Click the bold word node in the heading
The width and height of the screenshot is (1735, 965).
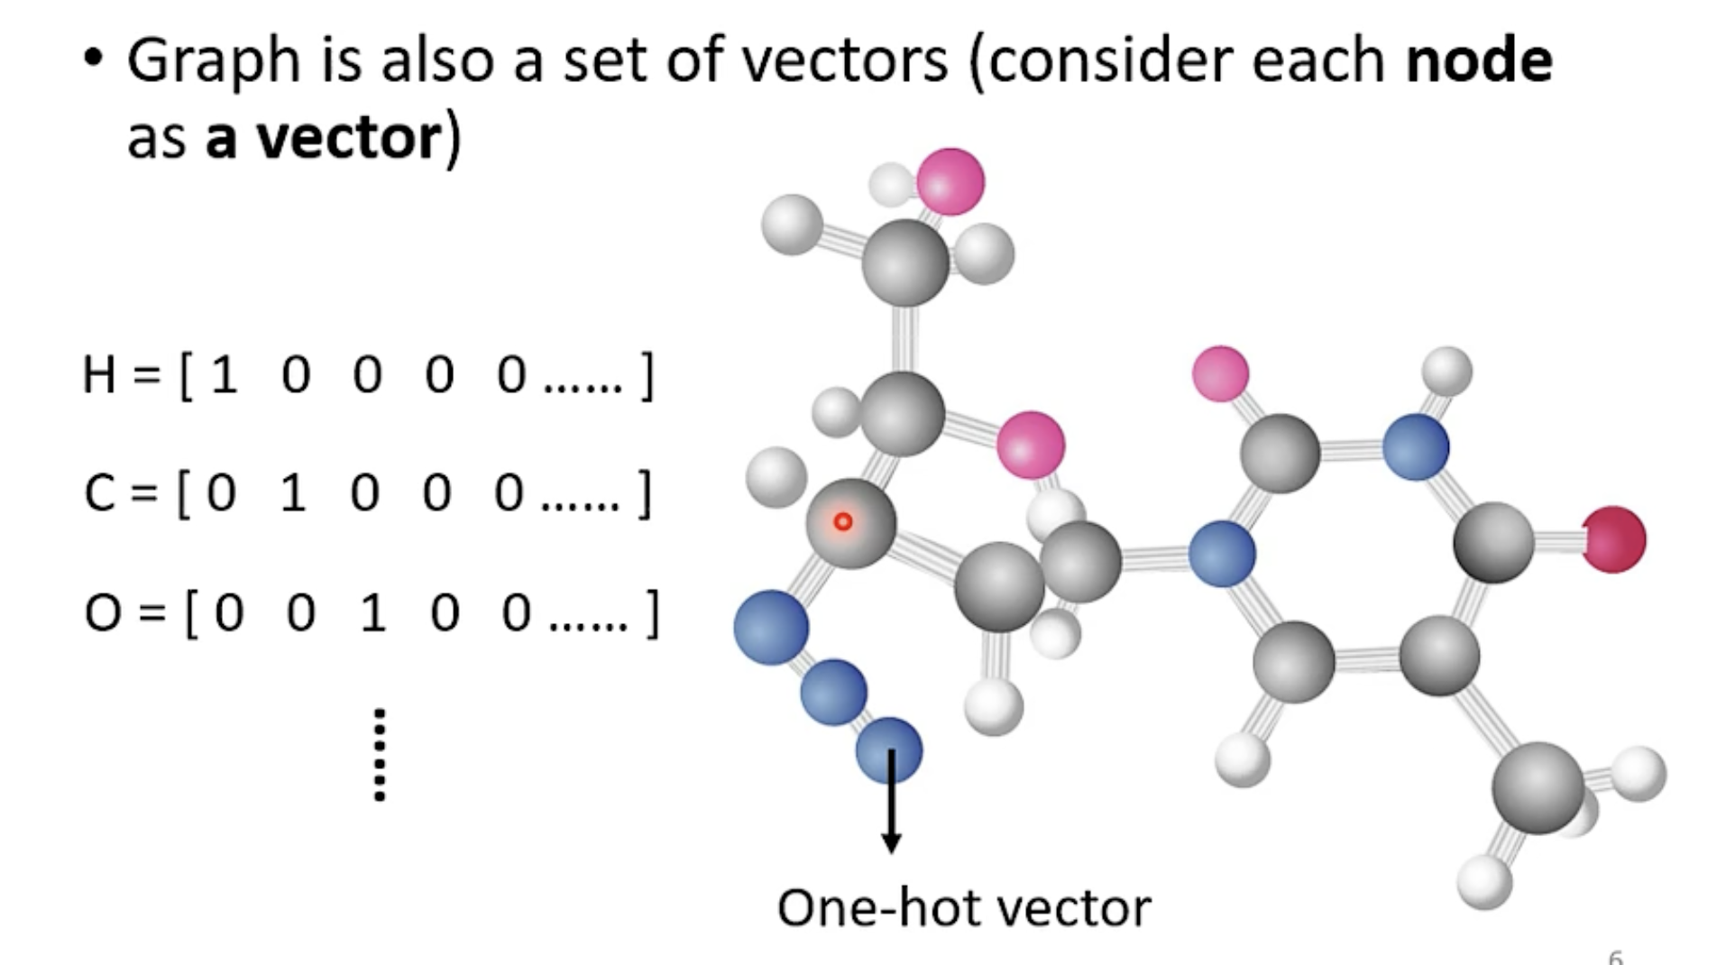pyautogui.click(x=1479, y=61)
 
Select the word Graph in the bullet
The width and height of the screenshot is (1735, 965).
pyautogui.click(x=213, y=61)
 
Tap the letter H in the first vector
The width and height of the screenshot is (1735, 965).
pyautogui.click(x=99, y=375)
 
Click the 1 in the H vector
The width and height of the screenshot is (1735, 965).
pyautogui.click(x=224, y=375)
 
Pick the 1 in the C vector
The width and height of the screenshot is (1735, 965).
pyautogui.click(x=293, y=493)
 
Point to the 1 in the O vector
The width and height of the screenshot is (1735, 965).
pyautogui.click(x=372, y=613)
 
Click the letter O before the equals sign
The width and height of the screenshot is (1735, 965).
pyautogui.click(x=103, y=613)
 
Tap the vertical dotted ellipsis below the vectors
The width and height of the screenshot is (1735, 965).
pyautogui.click(x=380, y=755)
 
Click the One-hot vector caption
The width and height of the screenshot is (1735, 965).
pyautogui.click(x=964, y=907)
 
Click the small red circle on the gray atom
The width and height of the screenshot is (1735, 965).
pyautogui.click(x=843, y=521)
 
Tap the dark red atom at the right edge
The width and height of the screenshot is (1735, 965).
pyautogui.click(x=1614, y=539)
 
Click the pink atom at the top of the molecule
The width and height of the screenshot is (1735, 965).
pyautogui.click(x=950, y=181)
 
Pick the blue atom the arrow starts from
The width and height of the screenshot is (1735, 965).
pyautogui.click(x=889, y=749)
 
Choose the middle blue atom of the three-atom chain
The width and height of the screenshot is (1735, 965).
pyautogui.click(x=833, y=692)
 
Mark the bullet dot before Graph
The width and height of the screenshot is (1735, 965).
pyautogui.click(x=93, y=59)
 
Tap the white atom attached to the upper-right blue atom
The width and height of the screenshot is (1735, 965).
pyautogui.click(x=1447, y=371)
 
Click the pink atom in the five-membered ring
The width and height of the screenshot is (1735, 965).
pyautogui.click(x=1031, y=445)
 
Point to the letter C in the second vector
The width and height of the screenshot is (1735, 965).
pyautogui.click(x=99, y=494)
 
